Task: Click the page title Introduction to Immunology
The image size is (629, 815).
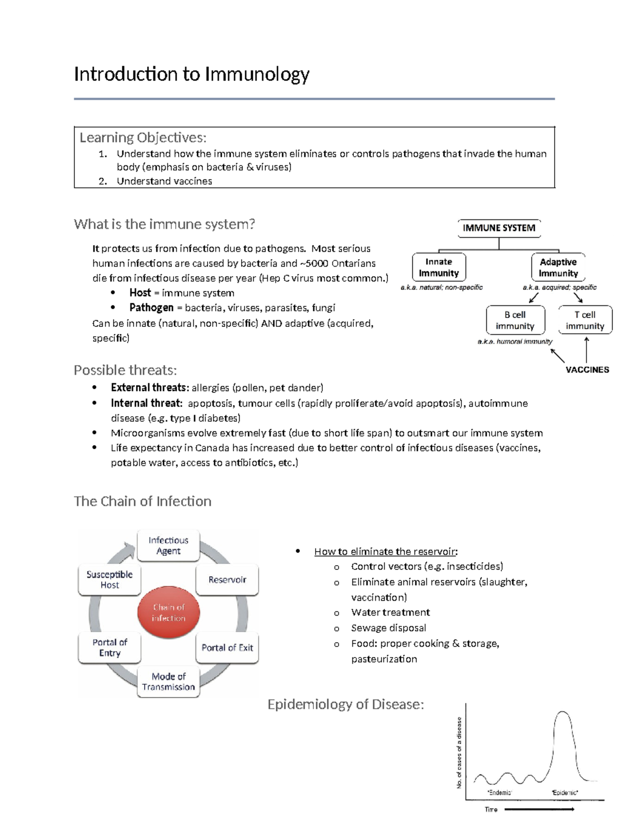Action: click(191, 75)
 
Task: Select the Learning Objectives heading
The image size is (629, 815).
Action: click(143, 137)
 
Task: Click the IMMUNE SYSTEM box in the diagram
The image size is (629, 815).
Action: click(498, 228)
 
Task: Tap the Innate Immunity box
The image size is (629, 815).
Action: click(439, 267)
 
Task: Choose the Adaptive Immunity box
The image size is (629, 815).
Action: click(558, 267)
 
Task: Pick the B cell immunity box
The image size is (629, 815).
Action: click(515, 320)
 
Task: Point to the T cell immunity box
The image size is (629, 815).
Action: click(585, 320)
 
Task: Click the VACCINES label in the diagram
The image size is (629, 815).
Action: click(587, 369)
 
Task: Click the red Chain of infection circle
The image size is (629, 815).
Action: click(168, 612)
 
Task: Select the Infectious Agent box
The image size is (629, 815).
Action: click(168, 546)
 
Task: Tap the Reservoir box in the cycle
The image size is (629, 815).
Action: click(227, 579)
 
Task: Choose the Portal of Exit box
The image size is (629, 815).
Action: click(227, 648)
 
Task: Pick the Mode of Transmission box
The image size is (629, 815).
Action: click(168, 681)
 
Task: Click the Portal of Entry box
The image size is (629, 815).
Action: click(110, 648)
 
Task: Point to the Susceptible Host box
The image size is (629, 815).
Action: click(110, 579)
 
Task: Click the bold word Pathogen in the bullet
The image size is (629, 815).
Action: click(151, 308)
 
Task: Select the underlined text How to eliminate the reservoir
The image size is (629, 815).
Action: click(385, 552)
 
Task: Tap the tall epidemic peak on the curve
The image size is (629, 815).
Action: click(562, 713)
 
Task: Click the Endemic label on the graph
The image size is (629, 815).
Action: click(499, 792)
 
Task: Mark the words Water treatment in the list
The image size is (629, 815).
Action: click(391, 612)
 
